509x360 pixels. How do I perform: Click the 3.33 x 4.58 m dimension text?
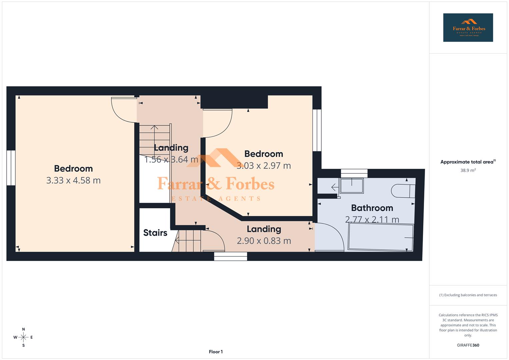point(73,180)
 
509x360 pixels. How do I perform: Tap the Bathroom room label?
point(372,208)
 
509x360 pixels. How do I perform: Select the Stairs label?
point(155,233)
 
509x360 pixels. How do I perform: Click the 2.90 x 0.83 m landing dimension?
point(264,241)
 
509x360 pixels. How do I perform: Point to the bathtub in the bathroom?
point(380,237)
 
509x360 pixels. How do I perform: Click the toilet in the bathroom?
point(403,191)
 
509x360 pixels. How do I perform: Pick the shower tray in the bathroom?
point(351,186)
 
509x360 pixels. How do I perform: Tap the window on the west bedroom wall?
point(11,168)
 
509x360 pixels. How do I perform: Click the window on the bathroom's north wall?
point(354,173)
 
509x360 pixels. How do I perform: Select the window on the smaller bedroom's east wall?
point(317,130)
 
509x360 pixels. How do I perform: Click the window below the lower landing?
point(230,256)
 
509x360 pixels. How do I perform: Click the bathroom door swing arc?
point(330,237)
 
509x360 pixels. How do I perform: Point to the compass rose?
point(23,337)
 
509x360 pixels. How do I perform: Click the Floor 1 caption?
point(216,352)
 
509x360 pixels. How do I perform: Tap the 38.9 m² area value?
point(468,170)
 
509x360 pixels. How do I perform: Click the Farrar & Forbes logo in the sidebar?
point(468,28)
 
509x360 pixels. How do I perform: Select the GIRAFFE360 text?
point(468,345)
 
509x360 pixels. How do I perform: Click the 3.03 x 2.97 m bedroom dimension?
point(264,166)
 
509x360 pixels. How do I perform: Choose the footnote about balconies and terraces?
point(468,295)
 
